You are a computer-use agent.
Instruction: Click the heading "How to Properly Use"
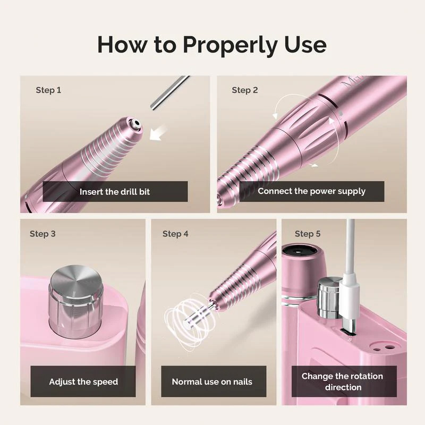[212, 45]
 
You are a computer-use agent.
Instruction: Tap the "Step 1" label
[48, 90]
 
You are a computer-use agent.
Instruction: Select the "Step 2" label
[245, 90]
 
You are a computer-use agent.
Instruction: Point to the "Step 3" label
[42, 234]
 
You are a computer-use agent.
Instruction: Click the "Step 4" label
[175, 234]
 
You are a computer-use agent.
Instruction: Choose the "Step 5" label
[308, 234]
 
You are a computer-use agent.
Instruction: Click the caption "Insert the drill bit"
[115, 192]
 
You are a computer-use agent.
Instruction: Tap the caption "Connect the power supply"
[312, 191]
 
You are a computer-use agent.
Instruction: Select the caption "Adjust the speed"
[83, 381]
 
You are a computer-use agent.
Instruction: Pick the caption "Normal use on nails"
[212, 381]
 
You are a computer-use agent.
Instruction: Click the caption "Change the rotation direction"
[343, 381]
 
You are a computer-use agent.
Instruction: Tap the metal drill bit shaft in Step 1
[169, 92]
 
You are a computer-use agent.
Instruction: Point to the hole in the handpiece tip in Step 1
[137, 124]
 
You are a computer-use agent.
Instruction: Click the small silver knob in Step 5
[329, 297]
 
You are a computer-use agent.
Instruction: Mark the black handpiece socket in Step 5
[299, 251]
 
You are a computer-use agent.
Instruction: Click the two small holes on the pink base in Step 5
[383, 347]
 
